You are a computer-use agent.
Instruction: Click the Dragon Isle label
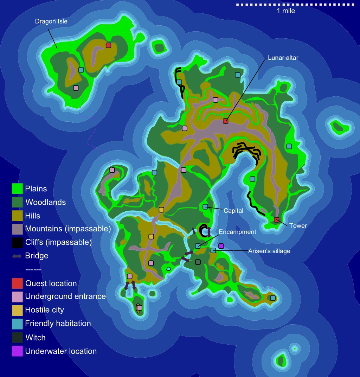pyautogui.click(x=51, y=21)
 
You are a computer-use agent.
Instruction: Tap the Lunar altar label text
pyautogui.click(x=283, y=58)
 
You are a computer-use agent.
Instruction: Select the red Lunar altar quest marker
pyautogui.click(x=226, y=121)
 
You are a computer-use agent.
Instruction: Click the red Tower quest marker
pyautogui.click(x=277, y=220)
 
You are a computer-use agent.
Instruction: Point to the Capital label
pyautogui.click(x=233, y=211)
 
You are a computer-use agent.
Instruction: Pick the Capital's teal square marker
pyautogui.click(x=205, y=206)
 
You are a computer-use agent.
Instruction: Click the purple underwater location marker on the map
pyautogui.click(x=221, y=246)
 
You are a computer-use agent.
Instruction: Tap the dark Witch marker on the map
pyautogui.click(x=198, y=262)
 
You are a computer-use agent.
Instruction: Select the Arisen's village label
pyautogui.click(x=269, y=251)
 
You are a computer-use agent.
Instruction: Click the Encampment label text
pyautogui.click(x=237, y=232)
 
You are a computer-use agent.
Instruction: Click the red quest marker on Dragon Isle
pyautogui.click(x=109, y=45)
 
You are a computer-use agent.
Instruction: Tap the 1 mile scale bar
pyautogui.click(x=295, y=5)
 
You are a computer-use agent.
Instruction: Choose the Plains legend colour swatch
pyautogui.click(x=17, y=189)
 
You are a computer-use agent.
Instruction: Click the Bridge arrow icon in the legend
pyautogui.click(x=17, y=256)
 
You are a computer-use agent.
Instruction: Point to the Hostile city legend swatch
pyautogui.click(x=17, y=310)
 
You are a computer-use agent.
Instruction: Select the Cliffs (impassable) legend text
pyautogui.click(x=58, y=242)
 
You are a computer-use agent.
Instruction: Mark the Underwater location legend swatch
pyautogui.click(x=17, y=351)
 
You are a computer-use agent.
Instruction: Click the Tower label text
pyautogui.click(x=298, y=226)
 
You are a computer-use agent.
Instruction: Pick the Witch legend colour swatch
pyautogui.click(x=17, y=338)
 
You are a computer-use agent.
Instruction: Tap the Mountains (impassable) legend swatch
pyautogui.click(x=17, y=229)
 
